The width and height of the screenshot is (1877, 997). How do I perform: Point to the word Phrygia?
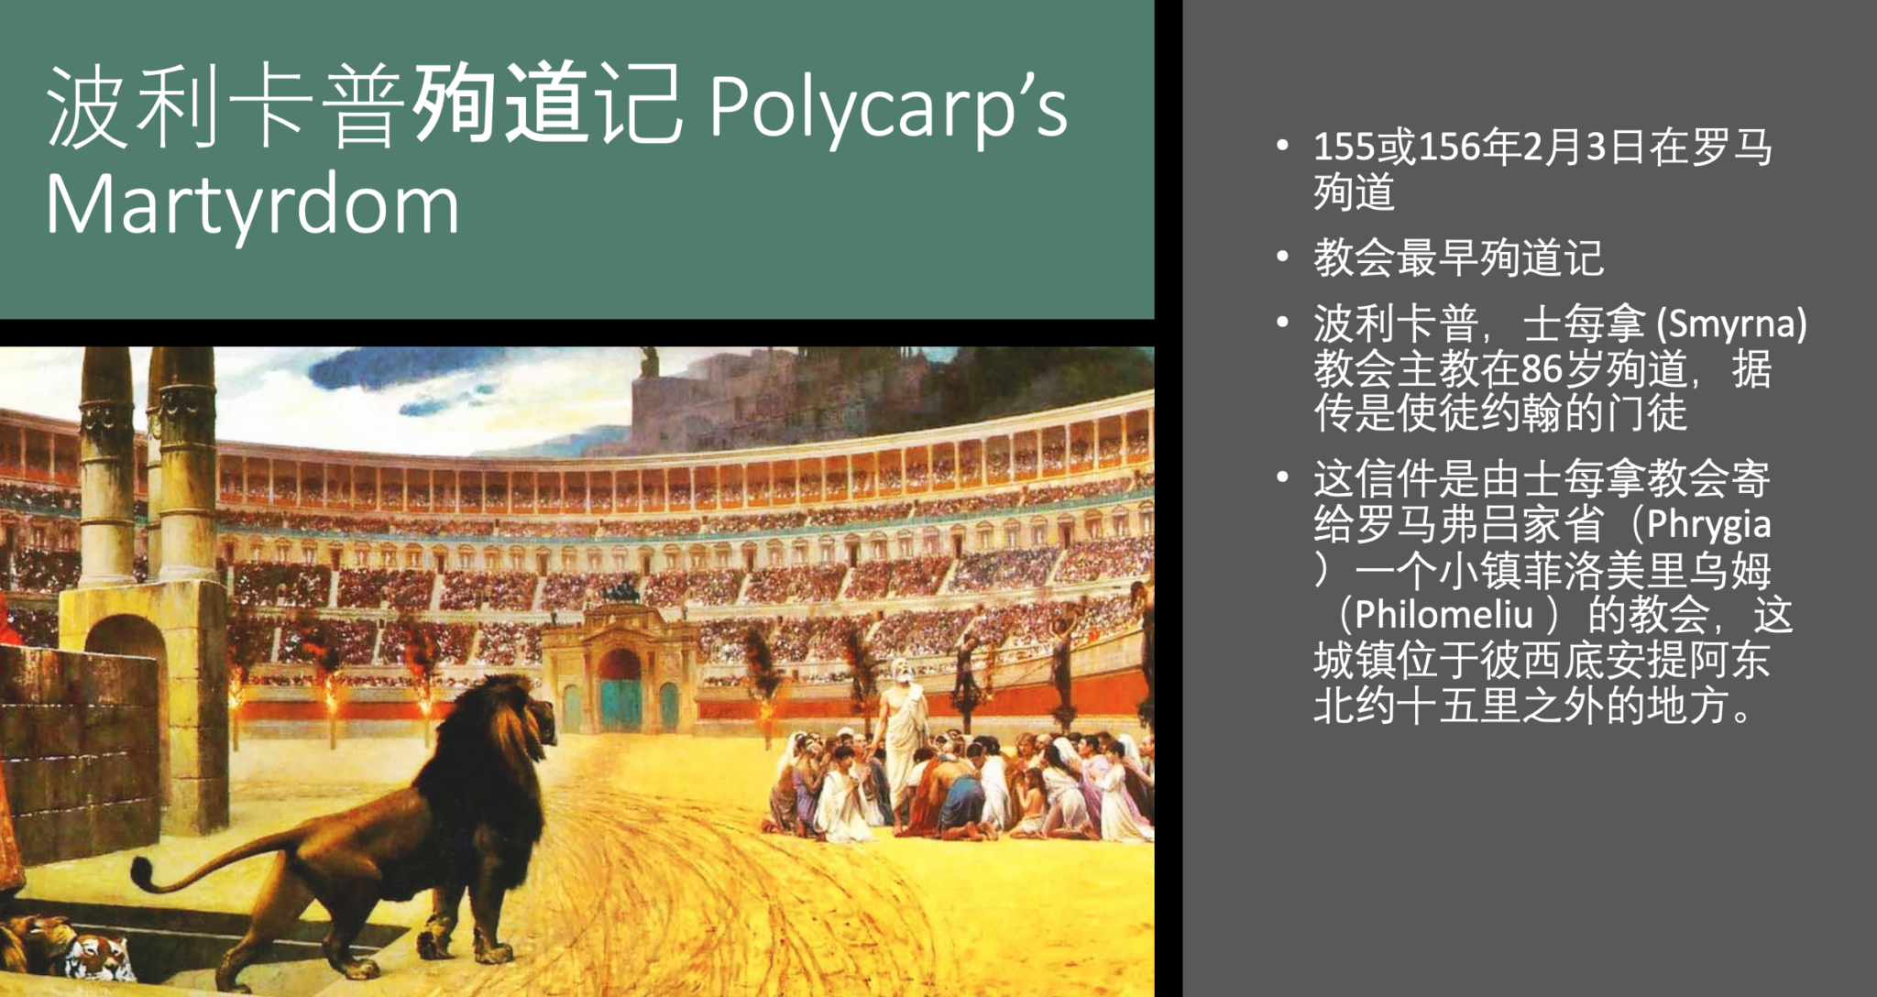(1708, 525)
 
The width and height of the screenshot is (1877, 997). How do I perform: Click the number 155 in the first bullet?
(1345, 148)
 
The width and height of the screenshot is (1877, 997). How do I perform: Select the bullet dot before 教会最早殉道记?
(1283, 257)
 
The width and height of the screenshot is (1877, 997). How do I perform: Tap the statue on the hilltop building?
(650, 361)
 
